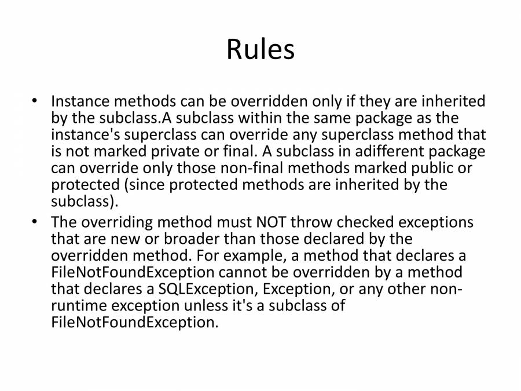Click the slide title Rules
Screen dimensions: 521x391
tap(260, 49)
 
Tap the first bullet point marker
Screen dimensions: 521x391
tap(35, 100)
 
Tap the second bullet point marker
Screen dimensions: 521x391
tap(35, 221)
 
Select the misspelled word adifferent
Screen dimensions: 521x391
tap(388, 151)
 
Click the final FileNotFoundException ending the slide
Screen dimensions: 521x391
tap(134, 322)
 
